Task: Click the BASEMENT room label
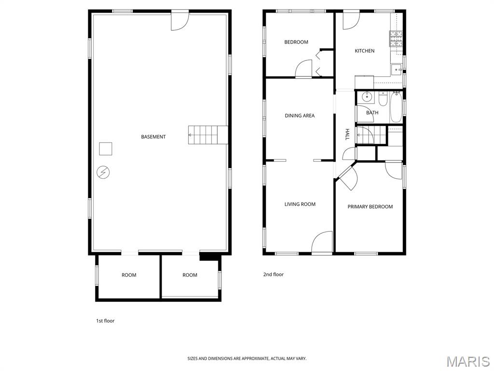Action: pos(153,137)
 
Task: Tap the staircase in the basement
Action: pos(207,134)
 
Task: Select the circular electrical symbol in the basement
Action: pos(103,172)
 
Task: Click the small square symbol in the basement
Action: pos(106,148)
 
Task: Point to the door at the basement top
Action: pos(179,21)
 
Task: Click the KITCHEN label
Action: pos(364,51)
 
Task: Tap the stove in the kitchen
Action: pos(396,38)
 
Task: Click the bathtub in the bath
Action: pos(396,107)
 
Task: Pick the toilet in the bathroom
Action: pos(383,99)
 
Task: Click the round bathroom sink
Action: pos(367,97)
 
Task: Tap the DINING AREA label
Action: pos(300,115)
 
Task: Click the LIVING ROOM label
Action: pos(300,204)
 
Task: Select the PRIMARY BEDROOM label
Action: pos(370,207)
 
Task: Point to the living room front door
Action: pos(322,243)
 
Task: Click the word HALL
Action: pos(347,134)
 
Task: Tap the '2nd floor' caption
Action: pos(273,274)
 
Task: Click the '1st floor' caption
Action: pos(105,321)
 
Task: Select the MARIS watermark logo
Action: pos(467,361)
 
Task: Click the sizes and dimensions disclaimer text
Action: pos(247,358)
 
